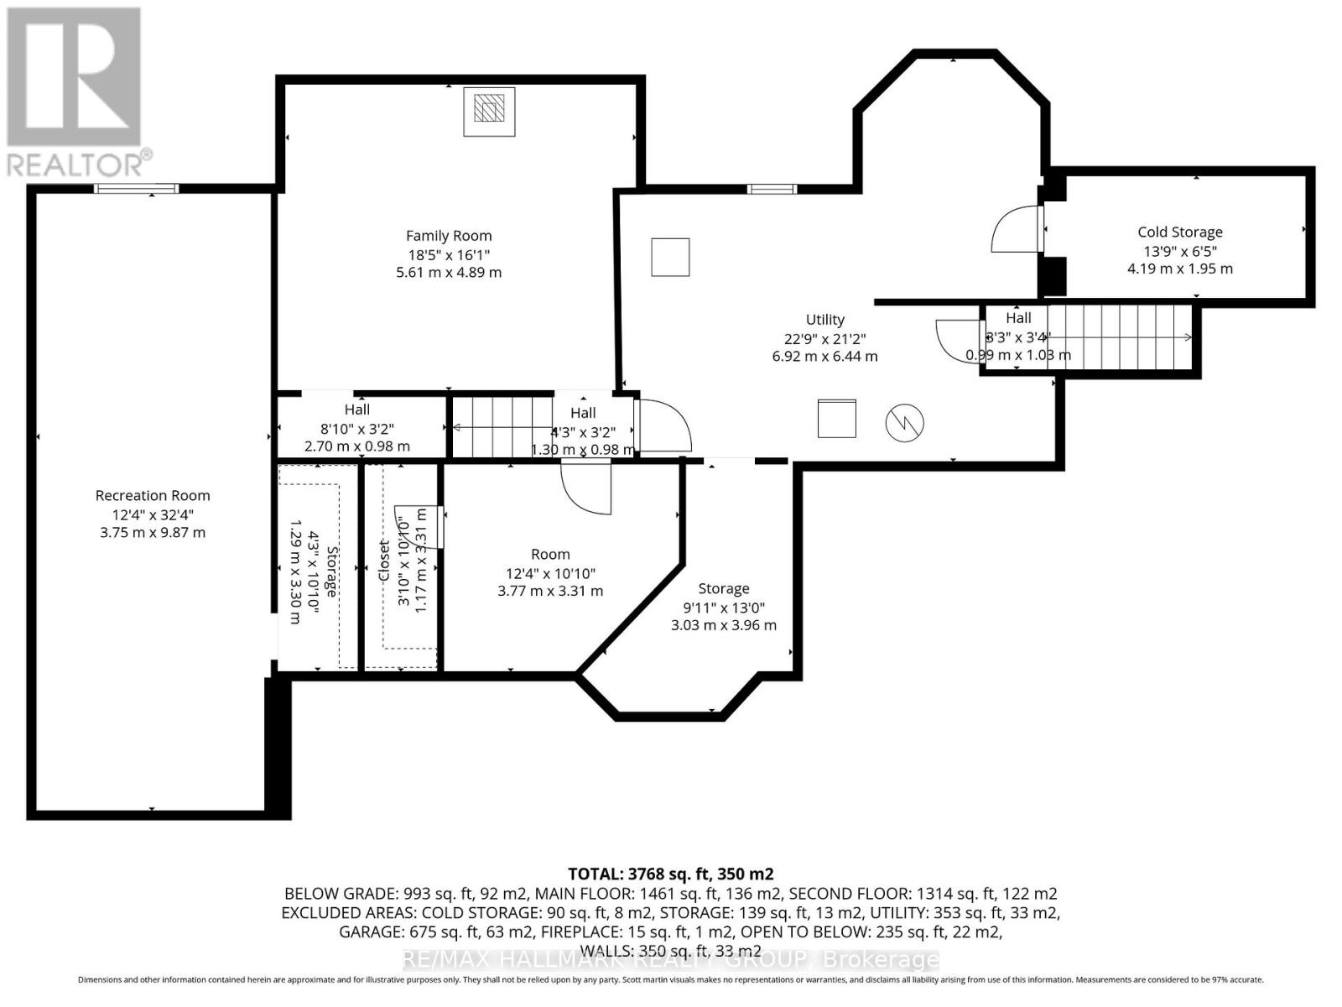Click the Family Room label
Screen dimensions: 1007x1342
click(x=449, y=236)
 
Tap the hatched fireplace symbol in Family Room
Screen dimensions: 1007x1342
click(x=489, y=110)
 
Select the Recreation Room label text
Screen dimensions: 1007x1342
click(x=152, y=495)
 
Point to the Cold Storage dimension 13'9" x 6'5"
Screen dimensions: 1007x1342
click(x=1179, y=251)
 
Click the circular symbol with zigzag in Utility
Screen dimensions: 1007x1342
click(x=904, y=422)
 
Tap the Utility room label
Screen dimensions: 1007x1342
click(x=824, y=320)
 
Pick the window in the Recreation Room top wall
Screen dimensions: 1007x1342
click(x=136, y=188)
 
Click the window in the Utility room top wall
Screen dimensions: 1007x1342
click(x=772, y=189)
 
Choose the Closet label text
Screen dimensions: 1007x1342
click(x=384, y=561)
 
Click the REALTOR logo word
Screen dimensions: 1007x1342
click(x=80, y=163)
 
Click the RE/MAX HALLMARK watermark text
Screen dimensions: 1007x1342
click(x=670, y=959)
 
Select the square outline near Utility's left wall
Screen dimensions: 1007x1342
click(x=670, y=257)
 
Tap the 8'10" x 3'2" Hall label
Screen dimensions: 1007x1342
click(x=356, y=428)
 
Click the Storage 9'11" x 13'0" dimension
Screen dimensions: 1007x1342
click(x=723, y=608)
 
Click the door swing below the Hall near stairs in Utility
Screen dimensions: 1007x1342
click(x=956, y=341)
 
